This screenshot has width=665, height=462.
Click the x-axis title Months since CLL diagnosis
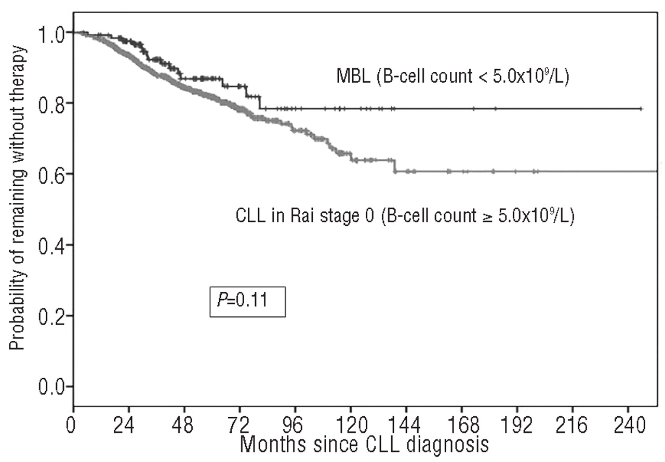[365, 445]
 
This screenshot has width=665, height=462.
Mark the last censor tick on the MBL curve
[642, 109]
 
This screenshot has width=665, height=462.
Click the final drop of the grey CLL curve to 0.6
[395, 165]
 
